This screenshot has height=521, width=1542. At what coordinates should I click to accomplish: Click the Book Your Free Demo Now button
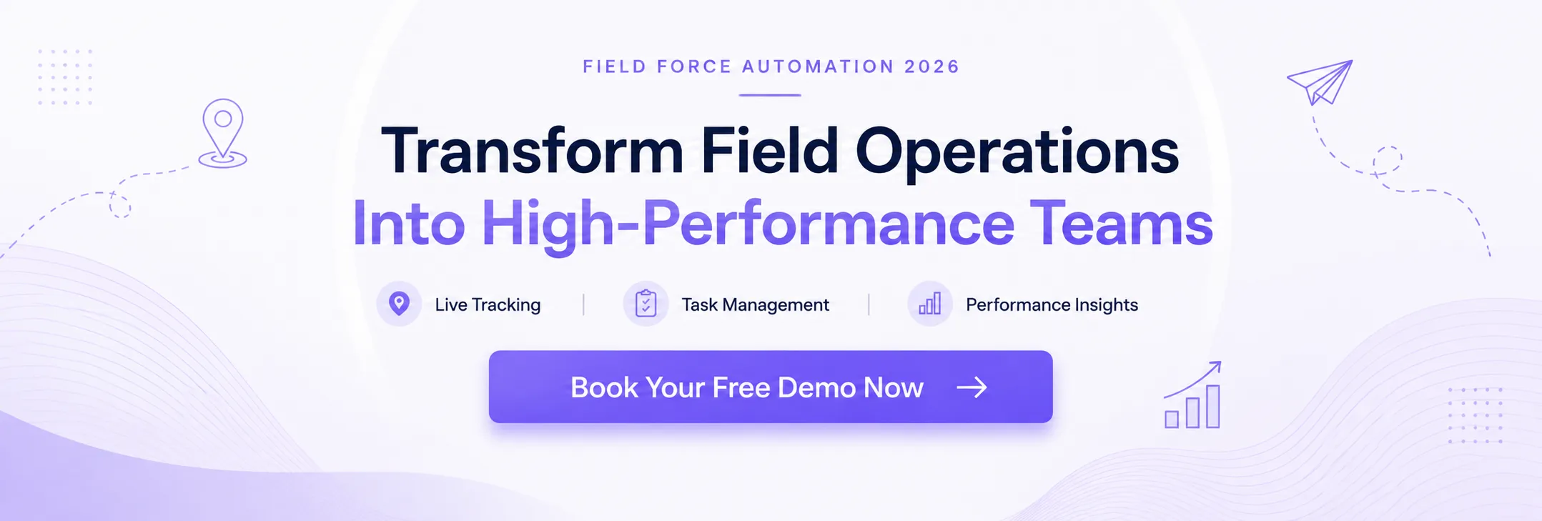point(771,387)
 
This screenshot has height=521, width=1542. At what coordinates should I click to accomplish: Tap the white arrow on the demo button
point(972,387)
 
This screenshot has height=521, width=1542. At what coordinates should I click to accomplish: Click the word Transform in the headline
point(533,152)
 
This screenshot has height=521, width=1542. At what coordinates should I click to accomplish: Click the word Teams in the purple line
point(1121,223)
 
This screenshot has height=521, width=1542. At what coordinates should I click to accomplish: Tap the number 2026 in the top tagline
point(931,66)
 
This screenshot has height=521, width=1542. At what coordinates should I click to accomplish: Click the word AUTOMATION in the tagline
point(819,66)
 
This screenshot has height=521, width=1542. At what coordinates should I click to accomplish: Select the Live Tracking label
point(488,304)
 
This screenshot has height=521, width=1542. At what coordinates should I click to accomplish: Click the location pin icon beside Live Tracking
point(399,304)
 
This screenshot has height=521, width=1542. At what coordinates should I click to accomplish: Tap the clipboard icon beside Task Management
point(646,304)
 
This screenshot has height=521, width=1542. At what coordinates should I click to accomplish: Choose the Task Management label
point(755,305)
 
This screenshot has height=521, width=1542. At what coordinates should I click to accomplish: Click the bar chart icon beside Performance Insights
point(930,304)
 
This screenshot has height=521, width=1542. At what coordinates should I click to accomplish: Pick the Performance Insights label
point(1052,305)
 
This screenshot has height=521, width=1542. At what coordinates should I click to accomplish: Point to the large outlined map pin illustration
point(223,132)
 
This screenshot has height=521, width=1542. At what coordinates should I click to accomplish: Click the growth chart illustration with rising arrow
point(1193,395)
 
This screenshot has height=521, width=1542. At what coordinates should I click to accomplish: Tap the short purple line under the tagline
point(770,94)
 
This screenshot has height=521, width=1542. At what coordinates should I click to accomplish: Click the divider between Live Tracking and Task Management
point(583,304)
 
